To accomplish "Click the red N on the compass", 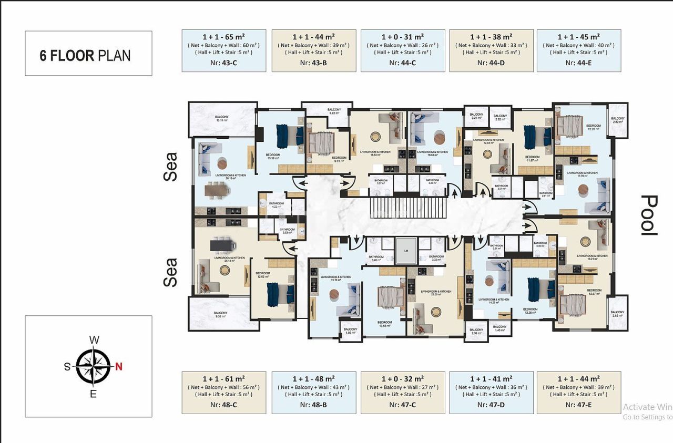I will (119, 367).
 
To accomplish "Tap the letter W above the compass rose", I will (94, 340).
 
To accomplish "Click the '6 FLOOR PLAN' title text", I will (85, 56).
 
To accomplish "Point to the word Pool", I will (651, 215).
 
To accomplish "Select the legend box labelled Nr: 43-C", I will (223, 50).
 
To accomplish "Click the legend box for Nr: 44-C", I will (402, 50).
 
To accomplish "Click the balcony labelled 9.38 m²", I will (220, 314).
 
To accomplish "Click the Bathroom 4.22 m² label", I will (276, 205).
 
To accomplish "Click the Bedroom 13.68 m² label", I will (384, 324).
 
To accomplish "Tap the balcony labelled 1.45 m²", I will (499, 328).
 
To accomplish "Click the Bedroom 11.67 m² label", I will (532, 158).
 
